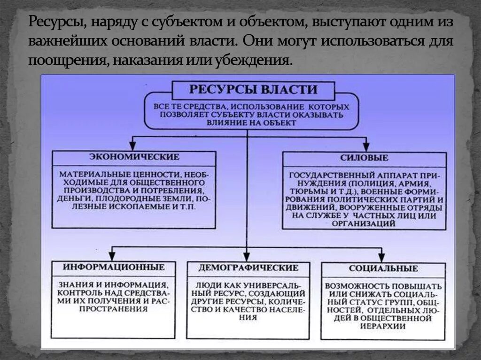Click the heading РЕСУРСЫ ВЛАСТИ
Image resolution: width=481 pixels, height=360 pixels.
253,89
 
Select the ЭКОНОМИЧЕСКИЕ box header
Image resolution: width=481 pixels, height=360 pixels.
134,157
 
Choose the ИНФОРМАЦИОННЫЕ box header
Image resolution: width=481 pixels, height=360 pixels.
114,267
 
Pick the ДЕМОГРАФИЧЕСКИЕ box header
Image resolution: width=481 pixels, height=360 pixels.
248,268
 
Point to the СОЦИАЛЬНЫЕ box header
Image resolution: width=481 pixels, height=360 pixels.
383,268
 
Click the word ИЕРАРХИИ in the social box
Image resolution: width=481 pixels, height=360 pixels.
383,325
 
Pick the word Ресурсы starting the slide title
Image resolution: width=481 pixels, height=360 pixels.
55,22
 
